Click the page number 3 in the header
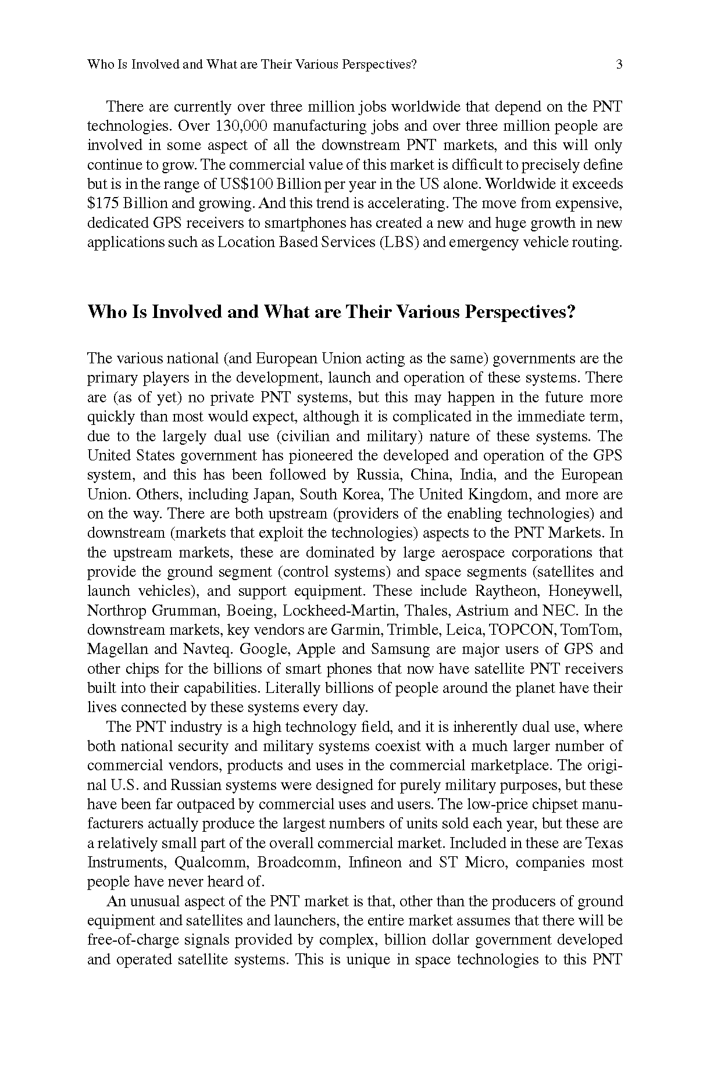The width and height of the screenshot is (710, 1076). click(x=619, y=65)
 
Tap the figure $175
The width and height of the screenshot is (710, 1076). click(x=102, y=203)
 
